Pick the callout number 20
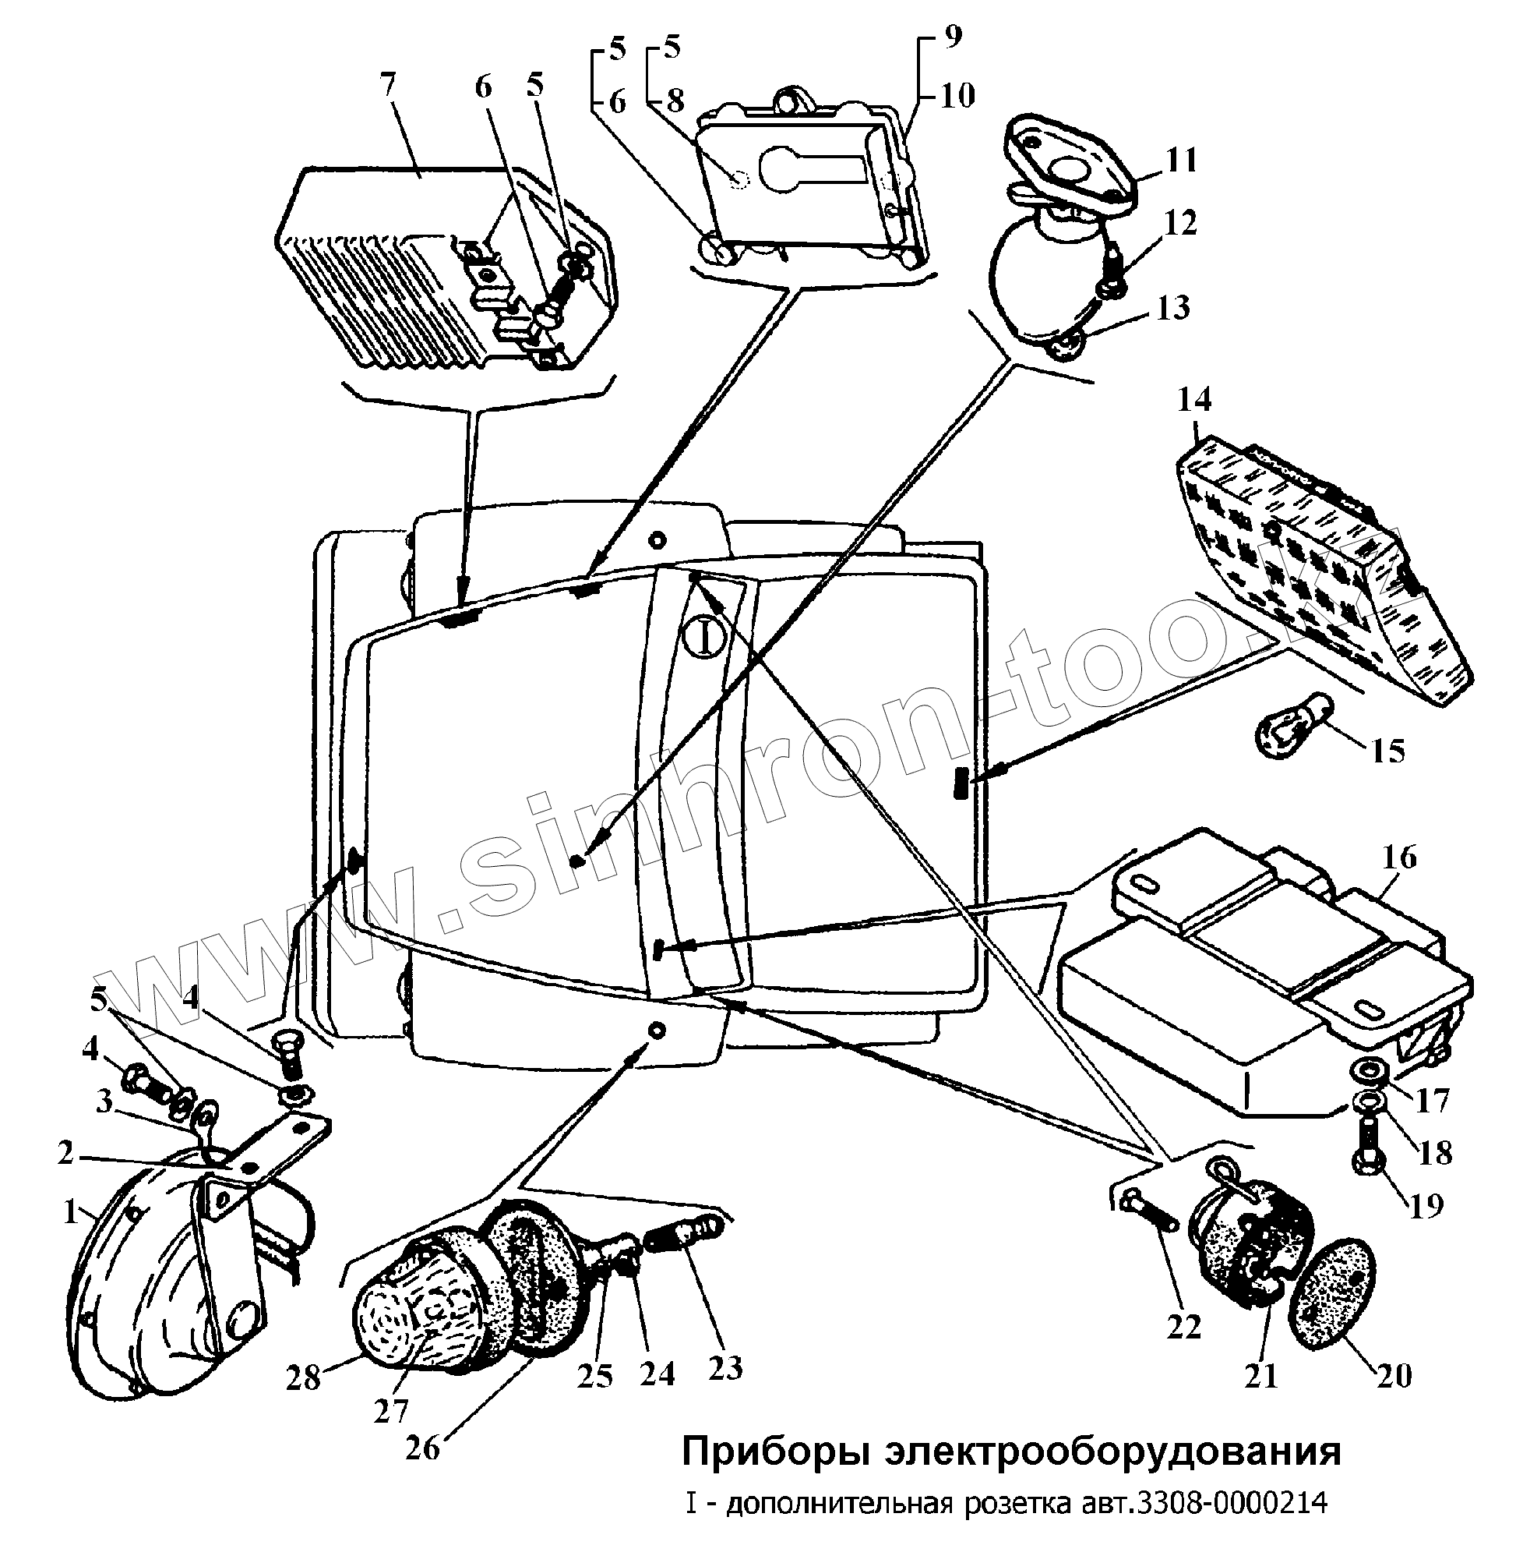click(x=1394, y=1375)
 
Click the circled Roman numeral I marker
click(x=705, y=639)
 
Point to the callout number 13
click(x=1172, y=308)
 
